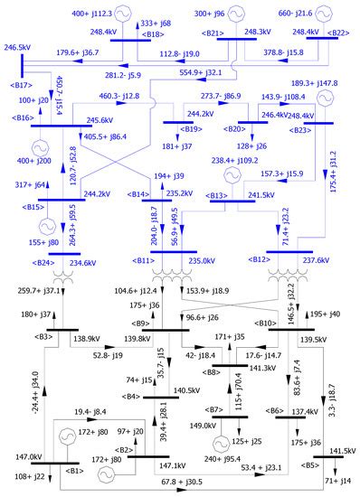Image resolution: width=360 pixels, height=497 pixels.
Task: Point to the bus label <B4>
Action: click(133, 396)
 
